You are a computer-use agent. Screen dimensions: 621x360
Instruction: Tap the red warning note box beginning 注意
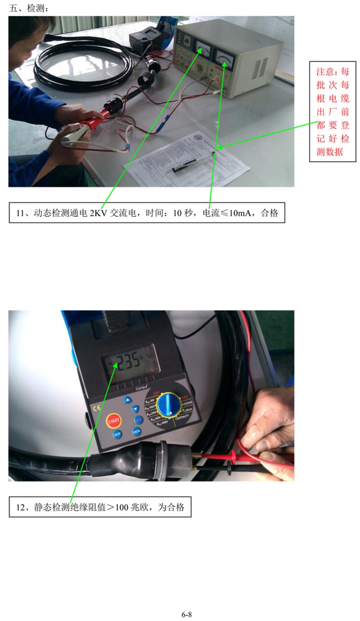[333, 112]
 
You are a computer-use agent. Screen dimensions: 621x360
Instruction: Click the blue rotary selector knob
[168, 405]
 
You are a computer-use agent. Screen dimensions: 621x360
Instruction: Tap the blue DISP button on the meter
[117, 434]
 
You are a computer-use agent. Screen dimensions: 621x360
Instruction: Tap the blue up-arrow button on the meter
[128, 399]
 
